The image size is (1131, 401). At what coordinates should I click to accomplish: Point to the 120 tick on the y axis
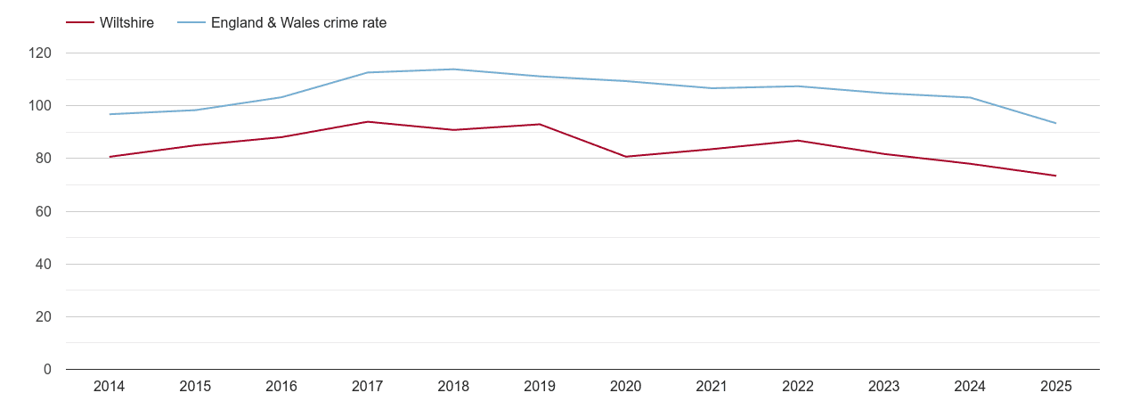41,53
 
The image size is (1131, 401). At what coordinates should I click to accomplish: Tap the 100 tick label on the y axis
41,106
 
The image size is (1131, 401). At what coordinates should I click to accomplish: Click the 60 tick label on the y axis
45,212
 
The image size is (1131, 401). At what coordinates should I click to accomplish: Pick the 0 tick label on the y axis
48,370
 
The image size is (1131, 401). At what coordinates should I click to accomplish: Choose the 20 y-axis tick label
45,317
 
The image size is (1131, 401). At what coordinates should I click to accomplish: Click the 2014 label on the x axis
109,387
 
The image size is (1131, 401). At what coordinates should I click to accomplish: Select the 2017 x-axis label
367,387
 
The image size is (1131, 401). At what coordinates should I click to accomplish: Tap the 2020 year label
625,387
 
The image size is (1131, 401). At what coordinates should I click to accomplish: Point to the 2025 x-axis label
1055,387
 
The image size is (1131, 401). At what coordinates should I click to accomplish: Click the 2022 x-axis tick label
797,387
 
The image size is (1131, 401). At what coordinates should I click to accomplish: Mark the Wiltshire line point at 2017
367,122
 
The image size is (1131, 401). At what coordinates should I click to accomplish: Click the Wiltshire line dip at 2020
625,157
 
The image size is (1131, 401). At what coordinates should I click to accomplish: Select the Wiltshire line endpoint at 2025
1055,176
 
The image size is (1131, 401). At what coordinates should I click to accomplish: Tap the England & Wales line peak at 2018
453,70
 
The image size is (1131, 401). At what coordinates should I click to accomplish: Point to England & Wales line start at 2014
109,114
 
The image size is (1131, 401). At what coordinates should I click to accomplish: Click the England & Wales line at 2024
970,97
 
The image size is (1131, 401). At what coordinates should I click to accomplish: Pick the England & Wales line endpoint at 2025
1055,123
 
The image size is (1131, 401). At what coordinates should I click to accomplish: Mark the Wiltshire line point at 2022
797,141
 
